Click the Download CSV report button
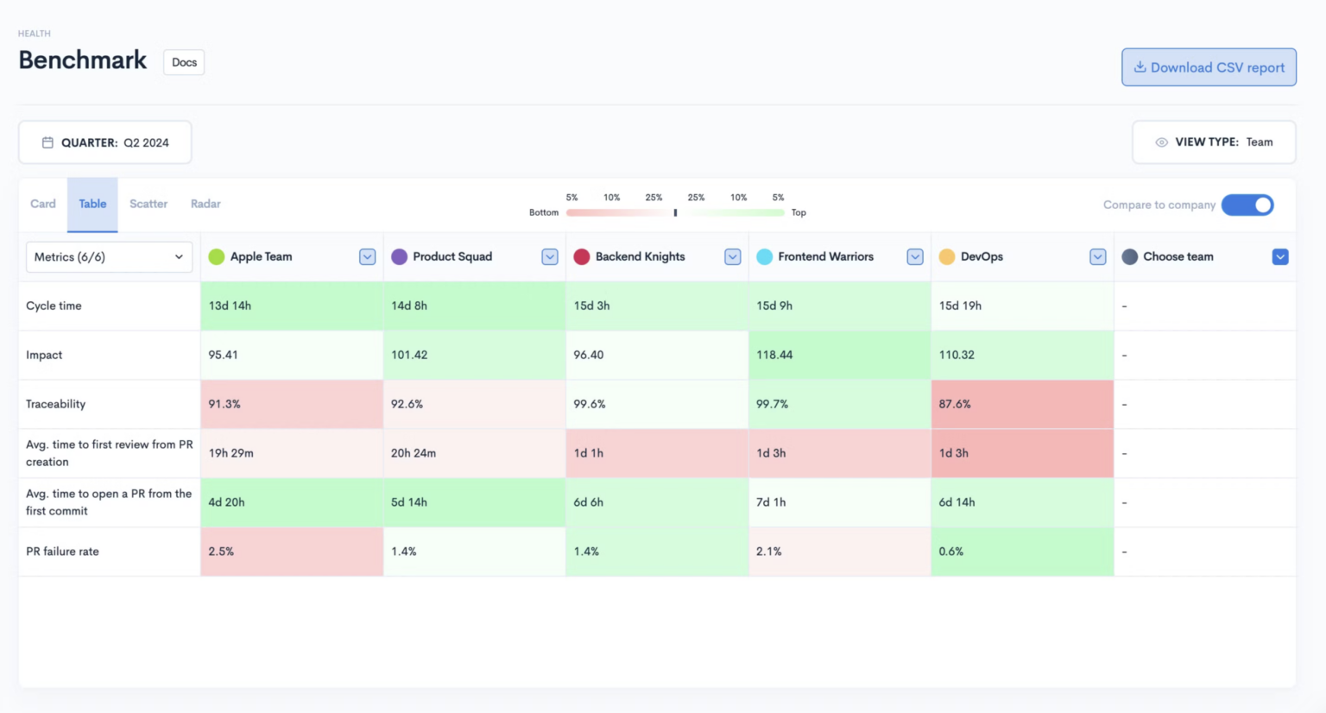pos(1209,67)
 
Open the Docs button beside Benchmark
pos(184,62)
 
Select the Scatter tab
pos(148,204)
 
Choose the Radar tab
pos(205,204)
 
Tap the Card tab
pos(43,204)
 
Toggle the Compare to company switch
pos(1247,205)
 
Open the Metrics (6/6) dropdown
pos(109,256)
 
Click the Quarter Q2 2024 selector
pos(105,142)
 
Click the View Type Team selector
pos(1214,142)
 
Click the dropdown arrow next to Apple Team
pos(367,256)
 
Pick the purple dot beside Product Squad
pos(399,256)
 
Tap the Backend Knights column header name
pos(640,256)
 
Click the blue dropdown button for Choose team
pos(1280,256)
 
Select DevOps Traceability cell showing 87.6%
pos(955,404)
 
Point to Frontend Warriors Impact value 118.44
pos(774,355)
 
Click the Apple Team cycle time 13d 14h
pos(230,306)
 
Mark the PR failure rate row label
pos(62,552)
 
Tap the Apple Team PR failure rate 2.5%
pos(221,552)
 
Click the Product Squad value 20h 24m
pos(414,453)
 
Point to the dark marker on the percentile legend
pos(675,212)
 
